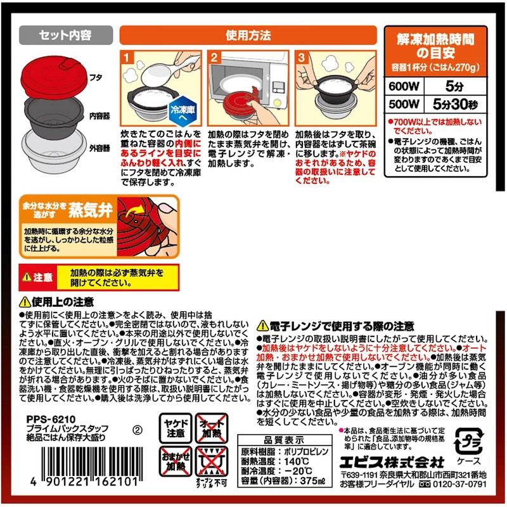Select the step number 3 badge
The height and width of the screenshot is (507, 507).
(302, 58)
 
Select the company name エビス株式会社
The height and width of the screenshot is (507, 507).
(390, 461)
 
